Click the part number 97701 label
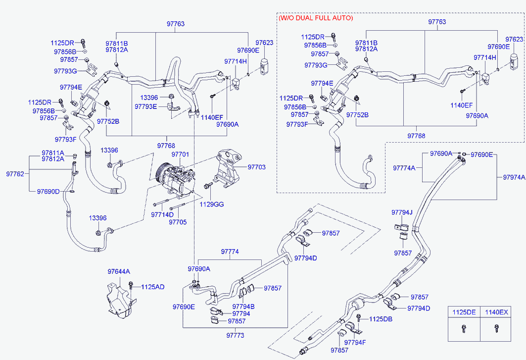click(x=180, y=154)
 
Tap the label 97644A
click(x=119, y=271)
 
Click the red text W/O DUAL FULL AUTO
click(x=316, y=18)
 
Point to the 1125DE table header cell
click(x=464, y=312)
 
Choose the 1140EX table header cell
click(x=496, y=312)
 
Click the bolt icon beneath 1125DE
click(x=464, y=328)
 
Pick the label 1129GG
click(x=212, y=204)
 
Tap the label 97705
click(x=178, y=222)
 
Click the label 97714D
click(x=162, y=214)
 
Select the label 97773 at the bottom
click(x=235, y=335)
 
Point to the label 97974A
click(x=514, y=177)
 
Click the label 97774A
click(x=404, y=168)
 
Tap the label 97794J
click(x=402, y=212)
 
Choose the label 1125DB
click(x=381, y=319)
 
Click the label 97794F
click(x=355, y=342)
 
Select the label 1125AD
click(x=152, y=287)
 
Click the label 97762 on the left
click(x=15, y=174)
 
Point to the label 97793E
click(x=145, y=106)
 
